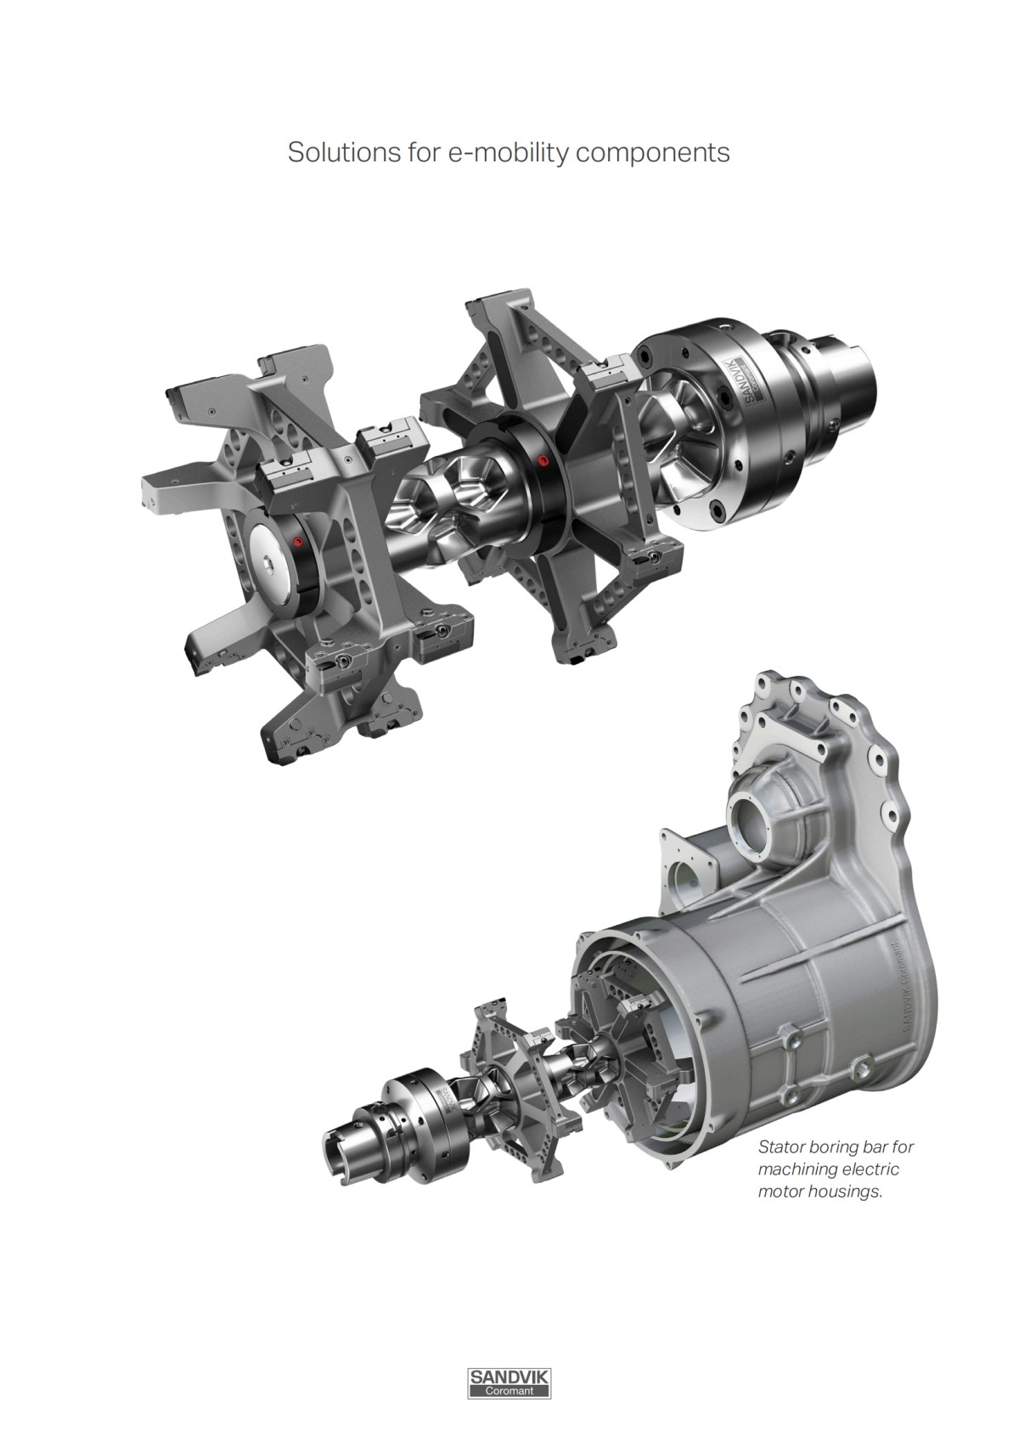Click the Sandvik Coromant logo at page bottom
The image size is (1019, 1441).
click(x=509, y=1382)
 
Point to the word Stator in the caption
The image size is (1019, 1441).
click(x=780, y=1146)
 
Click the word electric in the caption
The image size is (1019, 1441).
click(x=870, y=1169)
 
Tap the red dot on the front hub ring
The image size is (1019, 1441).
click(x=297, y=541)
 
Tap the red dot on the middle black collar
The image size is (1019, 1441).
click(x=543, y=461)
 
